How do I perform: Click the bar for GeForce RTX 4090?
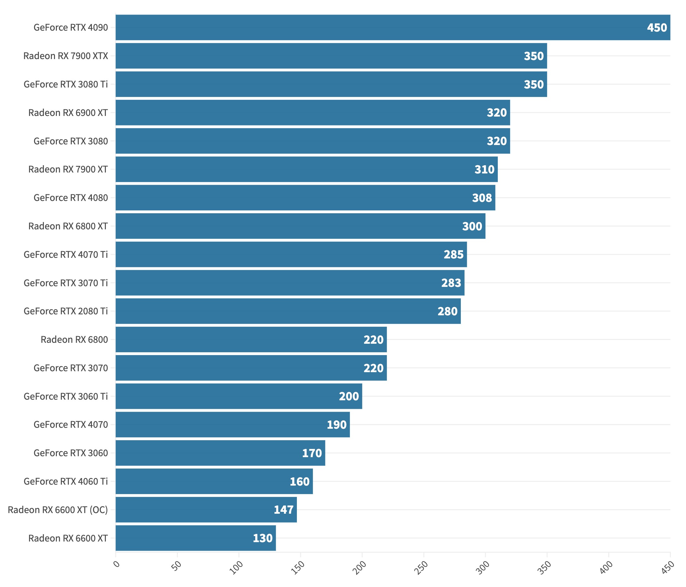point(393,27)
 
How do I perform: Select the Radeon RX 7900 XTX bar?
point(331,56)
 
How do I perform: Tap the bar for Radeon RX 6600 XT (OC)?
point(206,510)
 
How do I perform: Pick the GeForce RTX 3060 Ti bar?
point(239,396)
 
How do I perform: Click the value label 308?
point(482,198)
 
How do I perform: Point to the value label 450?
point(657,27)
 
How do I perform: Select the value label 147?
point(283,510)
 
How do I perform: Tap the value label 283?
point(451,283)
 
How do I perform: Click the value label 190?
point(336,425)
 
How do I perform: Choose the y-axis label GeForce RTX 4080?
point(70,198)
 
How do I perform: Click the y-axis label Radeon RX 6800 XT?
point(68,226)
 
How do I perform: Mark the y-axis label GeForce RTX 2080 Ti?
point(66,311)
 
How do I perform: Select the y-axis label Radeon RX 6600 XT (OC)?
point(58,510)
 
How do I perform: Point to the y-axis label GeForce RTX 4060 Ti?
point(66,481)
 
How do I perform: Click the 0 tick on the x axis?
point(116,564)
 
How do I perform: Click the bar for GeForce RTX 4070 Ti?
point(291,254)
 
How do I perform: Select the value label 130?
point(262,538)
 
